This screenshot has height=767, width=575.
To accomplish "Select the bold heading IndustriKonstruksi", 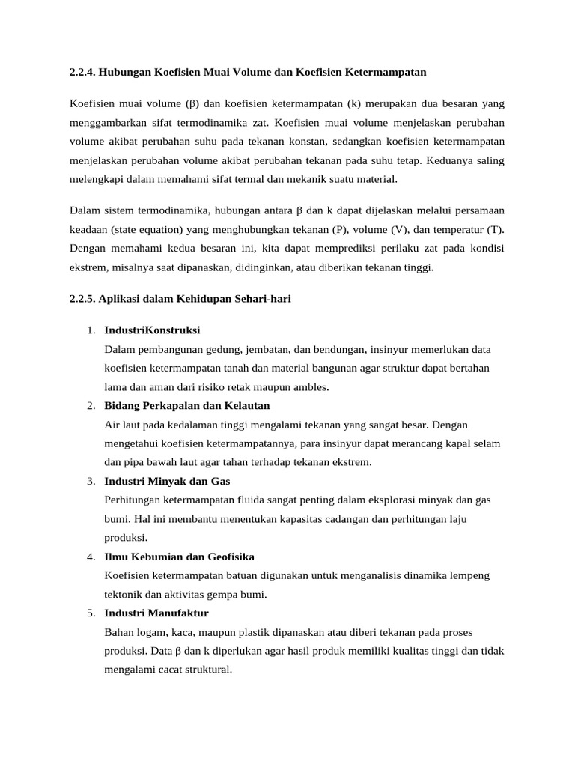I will click(152, 330).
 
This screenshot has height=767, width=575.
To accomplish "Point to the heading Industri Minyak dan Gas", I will click(167, 482).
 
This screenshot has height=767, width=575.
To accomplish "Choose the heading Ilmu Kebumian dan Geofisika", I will click(180, 557).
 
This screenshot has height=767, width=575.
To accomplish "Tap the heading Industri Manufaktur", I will click(156, 613).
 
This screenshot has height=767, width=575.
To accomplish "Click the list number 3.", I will click(90, 482).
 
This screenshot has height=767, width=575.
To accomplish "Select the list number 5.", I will click(90, 613).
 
